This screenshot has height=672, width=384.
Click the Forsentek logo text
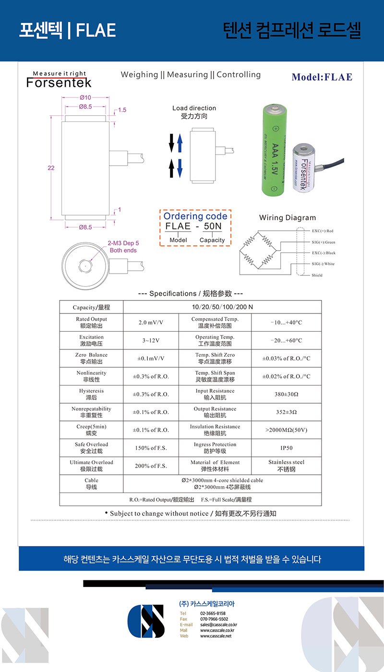59,83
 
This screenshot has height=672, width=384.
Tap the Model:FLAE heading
322,77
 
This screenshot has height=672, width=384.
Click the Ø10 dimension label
85,97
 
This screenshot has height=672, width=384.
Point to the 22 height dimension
51,168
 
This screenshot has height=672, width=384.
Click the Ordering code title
195,216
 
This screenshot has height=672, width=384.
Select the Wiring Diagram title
288,217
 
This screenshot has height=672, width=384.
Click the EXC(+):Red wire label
323,231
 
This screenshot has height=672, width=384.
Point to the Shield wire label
317,275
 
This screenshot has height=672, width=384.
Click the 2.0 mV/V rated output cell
151,323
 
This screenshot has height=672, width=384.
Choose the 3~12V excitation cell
151,340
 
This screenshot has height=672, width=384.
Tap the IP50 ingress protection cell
286,448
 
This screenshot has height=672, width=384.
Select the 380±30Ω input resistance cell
286,394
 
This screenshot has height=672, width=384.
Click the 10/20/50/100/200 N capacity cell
222,307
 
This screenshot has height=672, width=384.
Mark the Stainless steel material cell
286,466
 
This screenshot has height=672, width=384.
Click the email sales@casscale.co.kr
217,624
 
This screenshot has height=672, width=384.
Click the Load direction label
194,108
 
